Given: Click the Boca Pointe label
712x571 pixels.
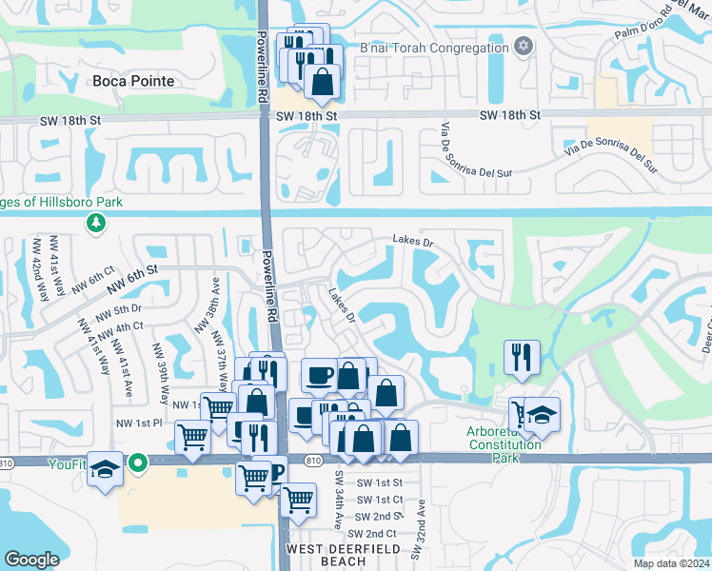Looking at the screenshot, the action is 133,81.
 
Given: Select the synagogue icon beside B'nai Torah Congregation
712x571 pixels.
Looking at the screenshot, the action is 522,47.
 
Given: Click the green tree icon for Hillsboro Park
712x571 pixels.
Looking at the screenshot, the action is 95,223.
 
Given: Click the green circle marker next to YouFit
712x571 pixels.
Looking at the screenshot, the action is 138,464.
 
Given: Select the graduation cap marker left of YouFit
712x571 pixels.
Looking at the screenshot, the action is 104,469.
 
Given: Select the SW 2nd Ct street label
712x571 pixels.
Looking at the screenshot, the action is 376,533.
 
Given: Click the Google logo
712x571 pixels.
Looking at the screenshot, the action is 31,559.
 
